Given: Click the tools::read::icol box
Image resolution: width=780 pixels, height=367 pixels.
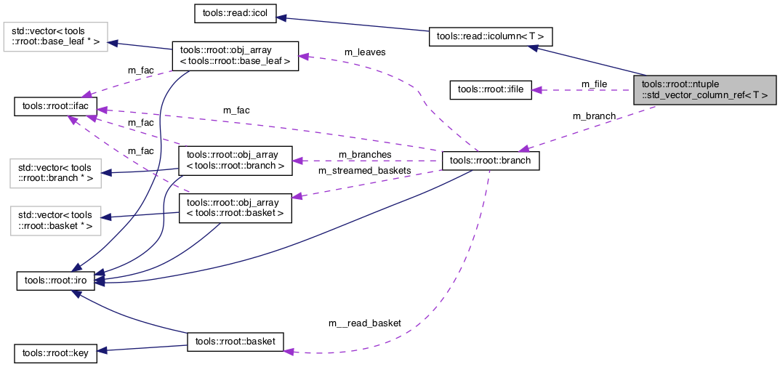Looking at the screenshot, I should pos(237,14).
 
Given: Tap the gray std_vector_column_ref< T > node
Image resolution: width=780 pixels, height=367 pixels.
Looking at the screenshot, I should pos(704,89).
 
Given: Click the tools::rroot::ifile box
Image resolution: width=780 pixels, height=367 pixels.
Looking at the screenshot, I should pos(491,89).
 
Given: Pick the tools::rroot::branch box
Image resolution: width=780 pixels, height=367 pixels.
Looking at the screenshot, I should pos(491,161).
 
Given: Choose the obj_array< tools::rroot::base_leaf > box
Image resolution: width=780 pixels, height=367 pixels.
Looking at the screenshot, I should pos(234,56).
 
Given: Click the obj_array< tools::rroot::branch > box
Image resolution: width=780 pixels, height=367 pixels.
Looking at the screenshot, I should pos(236,160).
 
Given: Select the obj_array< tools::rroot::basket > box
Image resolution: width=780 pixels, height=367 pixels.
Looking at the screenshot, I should pos(236,207).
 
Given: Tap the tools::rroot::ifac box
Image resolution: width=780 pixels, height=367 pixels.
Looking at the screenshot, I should pos(55,108).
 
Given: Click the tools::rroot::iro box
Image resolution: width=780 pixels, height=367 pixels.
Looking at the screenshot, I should pos(55,280).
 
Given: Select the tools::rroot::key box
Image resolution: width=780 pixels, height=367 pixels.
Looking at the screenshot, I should pos(55,354).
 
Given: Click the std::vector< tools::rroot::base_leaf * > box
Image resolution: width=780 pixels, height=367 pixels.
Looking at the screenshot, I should pos(55,38).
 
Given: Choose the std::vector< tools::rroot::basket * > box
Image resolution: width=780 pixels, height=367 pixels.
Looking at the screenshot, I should pos(55,220).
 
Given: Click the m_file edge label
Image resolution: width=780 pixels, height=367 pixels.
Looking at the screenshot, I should pos(594,84).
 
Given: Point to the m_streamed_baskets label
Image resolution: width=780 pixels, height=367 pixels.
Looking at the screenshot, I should pos(364,171).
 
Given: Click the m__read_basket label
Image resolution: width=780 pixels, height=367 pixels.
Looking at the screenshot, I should pos(364,323).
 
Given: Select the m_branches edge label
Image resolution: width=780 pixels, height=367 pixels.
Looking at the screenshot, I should pos(365,155).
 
